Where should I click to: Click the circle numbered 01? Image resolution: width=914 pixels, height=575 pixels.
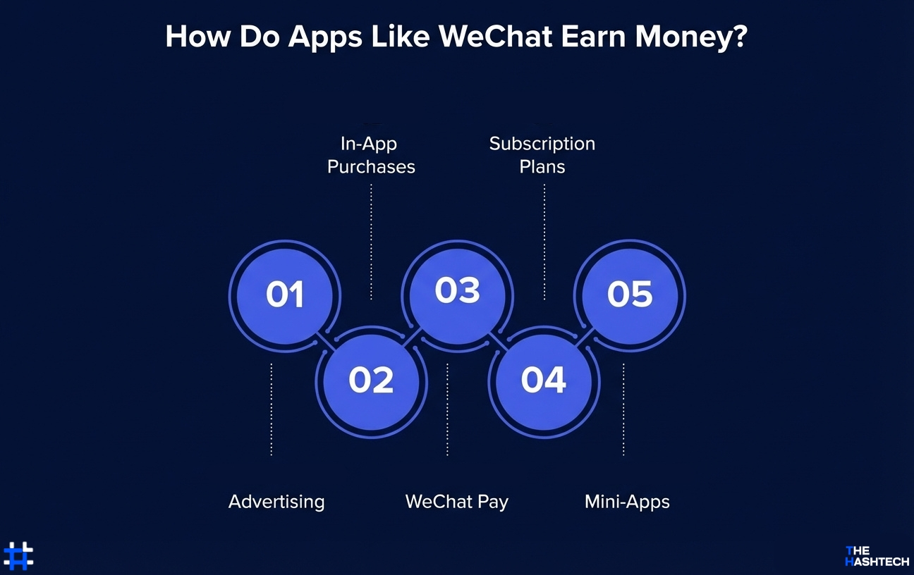point(284,295)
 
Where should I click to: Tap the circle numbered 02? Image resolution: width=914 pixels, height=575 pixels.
point(371,381)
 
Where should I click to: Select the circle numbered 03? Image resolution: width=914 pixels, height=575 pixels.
point(457,290)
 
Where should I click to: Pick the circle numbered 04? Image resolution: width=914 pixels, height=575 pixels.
point(544,381)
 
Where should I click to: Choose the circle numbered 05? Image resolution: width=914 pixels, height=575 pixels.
point(630,295)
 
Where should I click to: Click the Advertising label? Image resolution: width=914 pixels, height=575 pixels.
point(276,502)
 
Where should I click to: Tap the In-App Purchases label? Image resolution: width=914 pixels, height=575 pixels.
point(371,155)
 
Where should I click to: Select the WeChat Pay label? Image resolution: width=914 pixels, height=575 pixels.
point(456,502)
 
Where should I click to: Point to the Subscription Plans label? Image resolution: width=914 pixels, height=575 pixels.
point(542,155)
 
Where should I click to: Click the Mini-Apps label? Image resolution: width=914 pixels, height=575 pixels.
point(627,502)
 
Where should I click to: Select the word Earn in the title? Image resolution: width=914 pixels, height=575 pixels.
point(593,37)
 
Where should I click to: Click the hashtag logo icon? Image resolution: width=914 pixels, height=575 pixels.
point(18,555)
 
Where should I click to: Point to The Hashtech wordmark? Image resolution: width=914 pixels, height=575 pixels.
point(877,556)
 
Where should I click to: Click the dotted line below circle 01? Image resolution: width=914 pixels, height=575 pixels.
point(272,409)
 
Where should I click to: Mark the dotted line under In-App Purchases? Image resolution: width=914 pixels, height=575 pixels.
point(372,242)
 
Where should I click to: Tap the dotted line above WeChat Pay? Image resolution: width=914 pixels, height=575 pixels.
point(447,409)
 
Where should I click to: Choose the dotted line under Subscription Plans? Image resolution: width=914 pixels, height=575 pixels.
point(544,242)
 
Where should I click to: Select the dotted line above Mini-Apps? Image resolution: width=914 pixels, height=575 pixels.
point(623,409)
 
